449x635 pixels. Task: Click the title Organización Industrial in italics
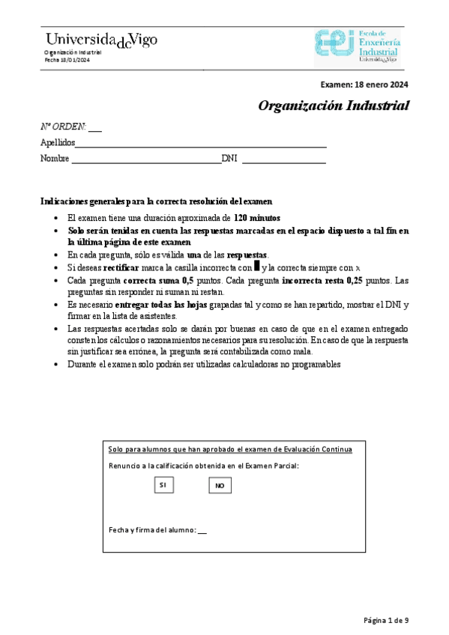coord(334,106)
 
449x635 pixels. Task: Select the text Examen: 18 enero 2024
coord(364,85)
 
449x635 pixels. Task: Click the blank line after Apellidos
coord(201,145)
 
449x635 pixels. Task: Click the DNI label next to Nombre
coord(229,159)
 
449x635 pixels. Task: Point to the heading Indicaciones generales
coord(155,201)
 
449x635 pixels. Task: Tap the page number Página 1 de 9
coord(385,620)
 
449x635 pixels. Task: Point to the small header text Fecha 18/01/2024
coord(61,60)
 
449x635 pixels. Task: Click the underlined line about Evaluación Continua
coord(230,449)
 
